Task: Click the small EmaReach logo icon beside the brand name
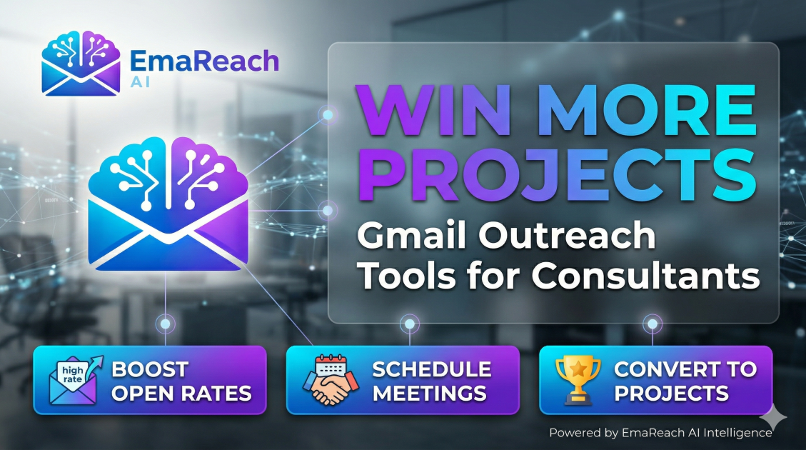coord(81,63)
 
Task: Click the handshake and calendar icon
coord(331,379)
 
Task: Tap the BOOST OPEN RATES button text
coord(181,381)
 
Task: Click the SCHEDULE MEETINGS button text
coord(431,381)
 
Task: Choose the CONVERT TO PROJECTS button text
coord(685,381)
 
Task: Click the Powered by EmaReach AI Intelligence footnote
coord(660,432)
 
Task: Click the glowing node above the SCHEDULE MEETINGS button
coord(409,325)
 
